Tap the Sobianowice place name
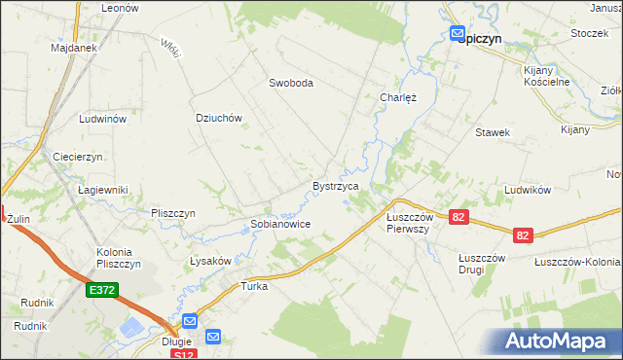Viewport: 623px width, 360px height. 280,224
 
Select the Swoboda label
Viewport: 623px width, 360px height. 291,84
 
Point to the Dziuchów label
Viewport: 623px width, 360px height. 218,118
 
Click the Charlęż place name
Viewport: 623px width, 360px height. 397,97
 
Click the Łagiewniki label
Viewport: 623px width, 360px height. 103,190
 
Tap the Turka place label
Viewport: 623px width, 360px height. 254,286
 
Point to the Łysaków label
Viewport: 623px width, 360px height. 210,261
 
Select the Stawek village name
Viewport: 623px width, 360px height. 493,131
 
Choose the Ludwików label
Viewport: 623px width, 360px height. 530,190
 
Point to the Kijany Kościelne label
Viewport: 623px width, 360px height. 546,77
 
